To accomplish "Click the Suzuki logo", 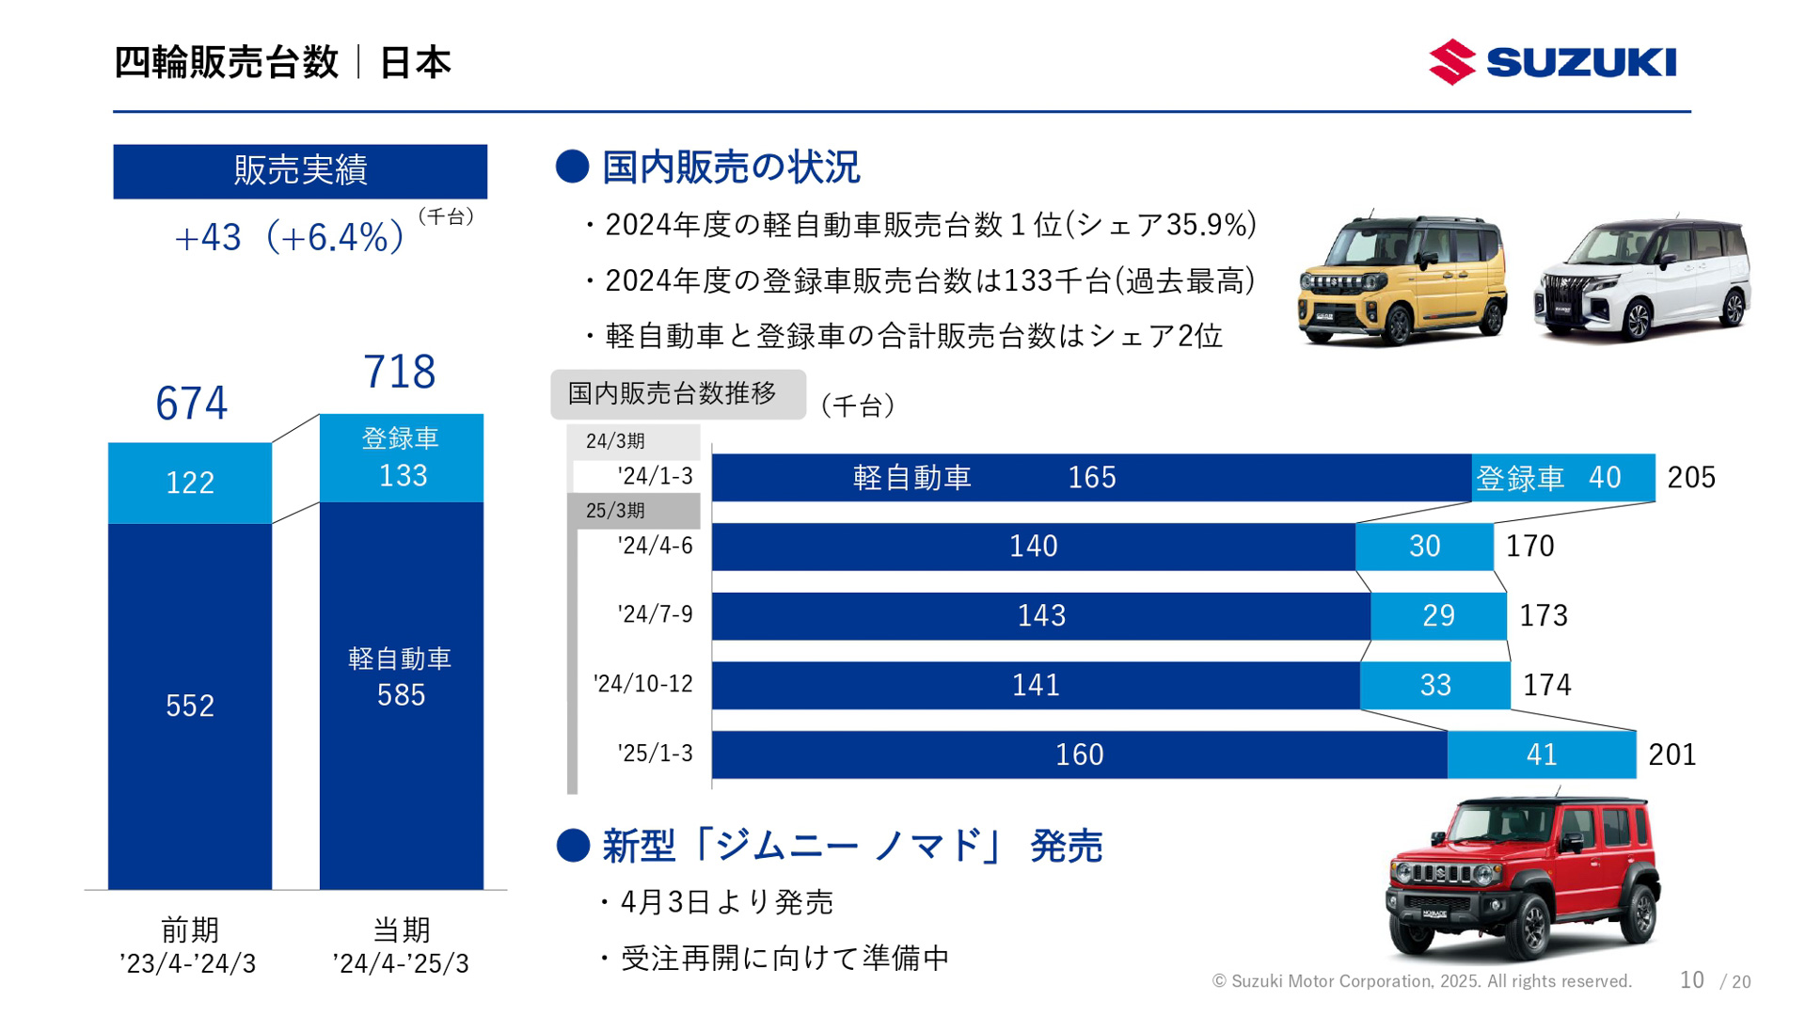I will [1552, 62].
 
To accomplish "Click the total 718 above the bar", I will [400, 372].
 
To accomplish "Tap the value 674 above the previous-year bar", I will [191, 404].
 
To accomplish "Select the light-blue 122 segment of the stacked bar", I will [190, 483].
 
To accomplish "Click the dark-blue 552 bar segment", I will [190, 706].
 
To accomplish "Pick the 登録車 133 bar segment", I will [402, 458].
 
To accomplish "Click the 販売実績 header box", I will [300, 171].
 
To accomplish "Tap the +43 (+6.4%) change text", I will [290, 237].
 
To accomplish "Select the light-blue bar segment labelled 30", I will [1424, 547].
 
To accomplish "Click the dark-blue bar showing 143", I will [1040, 616].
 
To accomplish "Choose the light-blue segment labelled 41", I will [1541, 754].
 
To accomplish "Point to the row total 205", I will [1690, 478].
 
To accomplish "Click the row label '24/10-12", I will [643, 684].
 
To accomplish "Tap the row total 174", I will [1546, 685].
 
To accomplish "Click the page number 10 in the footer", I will [1691, 980].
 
